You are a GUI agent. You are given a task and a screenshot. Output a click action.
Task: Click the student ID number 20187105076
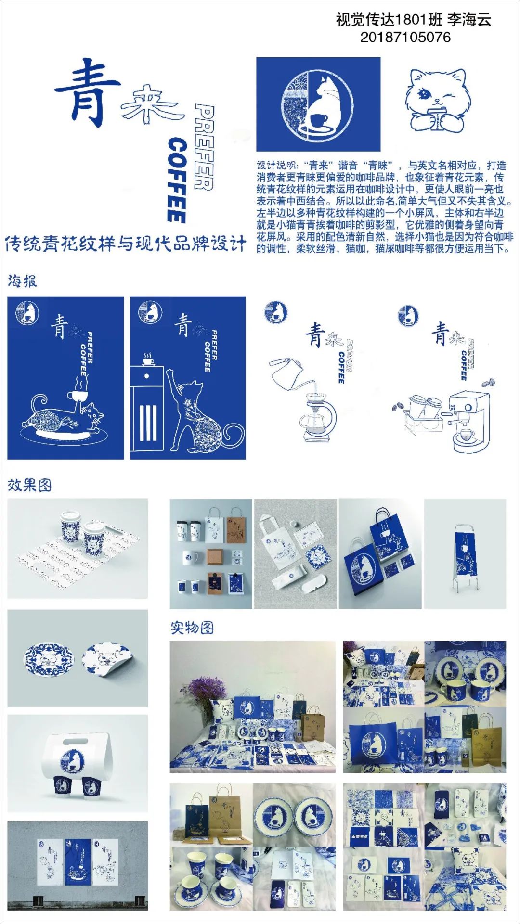point(405,37)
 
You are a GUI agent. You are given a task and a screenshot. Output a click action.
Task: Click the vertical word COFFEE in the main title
point(177,180)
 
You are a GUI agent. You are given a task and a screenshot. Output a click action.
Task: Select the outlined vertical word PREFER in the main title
point(204,147)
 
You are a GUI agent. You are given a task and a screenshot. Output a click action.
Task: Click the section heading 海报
point(22,281)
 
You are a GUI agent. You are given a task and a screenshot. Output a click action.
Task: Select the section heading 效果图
point(29,485)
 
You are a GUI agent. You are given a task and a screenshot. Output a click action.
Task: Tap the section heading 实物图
point(192,628)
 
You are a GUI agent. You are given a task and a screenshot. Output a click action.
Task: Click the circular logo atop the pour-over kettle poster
point(275,312)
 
